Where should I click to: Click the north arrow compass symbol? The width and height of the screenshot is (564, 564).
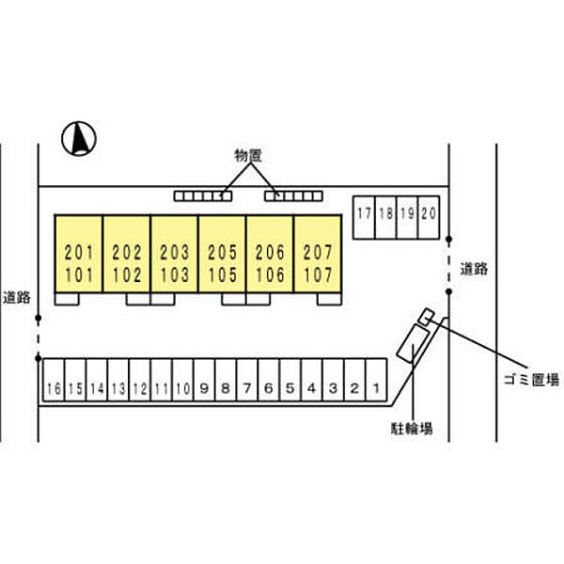[80, 139]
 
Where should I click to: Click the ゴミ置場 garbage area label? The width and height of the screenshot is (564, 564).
[530, 381]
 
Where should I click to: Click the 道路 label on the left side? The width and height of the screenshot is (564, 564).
[16, 296]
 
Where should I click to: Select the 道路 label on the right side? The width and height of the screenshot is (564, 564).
[474, 268]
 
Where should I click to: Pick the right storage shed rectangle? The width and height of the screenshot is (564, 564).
[293, 196]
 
